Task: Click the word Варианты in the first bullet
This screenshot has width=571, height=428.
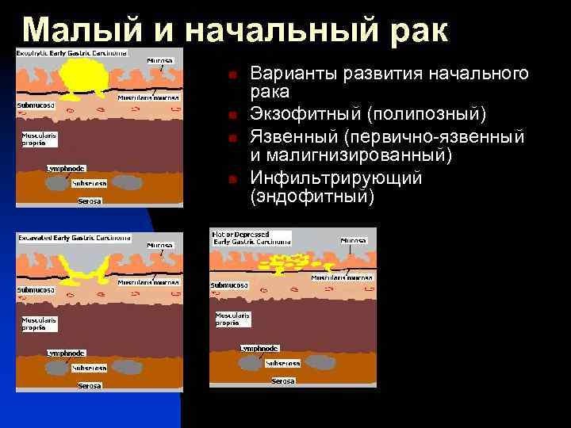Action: pyautogui.click(x=294, y=74)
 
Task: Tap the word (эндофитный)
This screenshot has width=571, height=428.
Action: pyautogui.click(x=311, y=196)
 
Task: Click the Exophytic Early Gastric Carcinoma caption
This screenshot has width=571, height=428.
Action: pyautogui.click(x=71, y=53)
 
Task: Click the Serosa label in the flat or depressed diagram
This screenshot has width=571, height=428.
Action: pyautogui.click(x=283, y=381)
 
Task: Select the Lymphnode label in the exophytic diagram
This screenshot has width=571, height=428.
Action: pyautogui.click(x=43, y=168)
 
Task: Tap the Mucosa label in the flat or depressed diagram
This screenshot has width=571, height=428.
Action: pyautogui.click(x=353, y=240)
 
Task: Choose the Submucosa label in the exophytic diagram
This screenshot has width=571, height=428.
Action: pyautogui.click(x=35, y=105)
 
